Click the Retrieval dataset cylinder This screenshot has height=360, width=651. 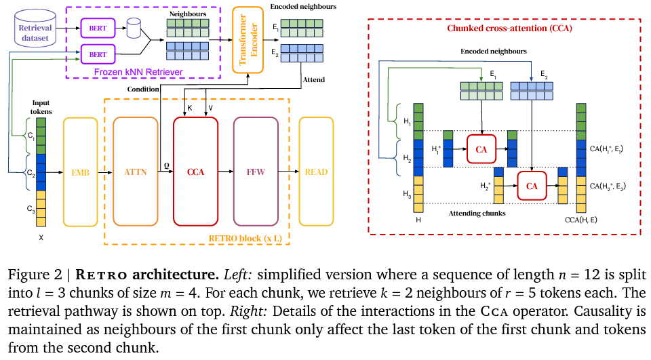pos(35,28)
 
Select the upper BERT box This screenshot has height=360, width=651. pos(98,28)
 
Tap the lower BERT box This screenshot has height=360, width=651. pos(98,54)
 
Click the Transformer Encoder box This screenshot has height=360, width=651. pos(248,40)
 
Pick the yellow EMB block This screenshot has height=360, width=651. pos(80,172)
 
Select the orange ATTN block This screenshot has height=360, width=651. pos(136,172)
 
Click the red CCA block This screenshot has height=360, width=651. pos(195,172)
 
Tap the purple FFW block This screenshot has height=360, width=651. pos(256,172)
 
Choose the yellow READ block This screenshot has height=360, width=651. pos(317,172)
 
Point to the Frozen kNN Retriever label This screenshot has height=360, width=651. pos(138,72)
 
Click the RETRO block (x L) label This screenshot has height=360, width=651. pos(245,239)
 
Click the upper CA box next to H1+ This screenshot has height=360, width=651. pos(481,149)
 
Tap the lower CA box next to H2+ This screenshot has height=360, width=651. pos(532,186)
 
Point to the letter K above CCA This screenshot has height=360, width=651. pos(190,108)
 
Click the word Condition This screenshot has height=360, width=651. pos(143,89)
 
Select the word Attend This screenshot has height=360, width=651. pos(313,80)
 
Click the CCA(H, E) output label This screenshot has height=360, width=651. pos(581,220)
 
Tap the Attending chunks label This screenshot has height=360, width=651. pos(477,214)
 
